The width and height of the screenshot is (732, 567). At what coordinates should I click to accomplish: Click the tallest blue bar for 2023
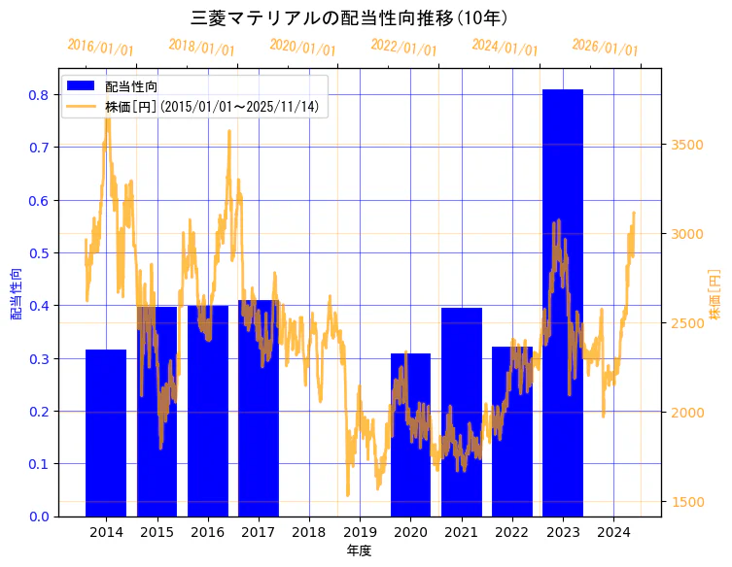562,301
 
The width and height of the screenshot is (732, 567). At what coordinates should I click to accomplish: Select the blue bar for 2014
106,432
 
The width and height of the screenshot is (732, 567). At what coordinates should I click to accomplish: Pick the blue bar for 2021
461,412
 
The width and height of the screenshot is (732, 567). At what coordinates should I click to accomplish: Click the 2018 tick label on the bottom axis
308,532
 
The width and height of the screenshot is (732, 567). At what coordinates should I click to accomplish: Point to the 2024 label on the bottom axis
613,532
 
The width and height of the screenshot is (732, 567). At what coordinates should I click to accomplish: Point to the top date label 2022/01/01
404,47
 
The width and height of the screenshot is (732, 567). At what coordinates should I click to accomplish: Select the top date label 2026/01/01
605,47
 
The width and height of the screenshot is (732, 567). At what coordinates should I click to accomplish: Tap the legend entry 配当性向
131,86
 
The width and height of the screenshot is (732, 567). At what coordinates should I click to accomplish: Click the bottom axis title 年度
359,550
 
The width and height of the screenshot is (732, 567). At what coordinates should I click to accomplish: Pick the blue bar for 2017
258,408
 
